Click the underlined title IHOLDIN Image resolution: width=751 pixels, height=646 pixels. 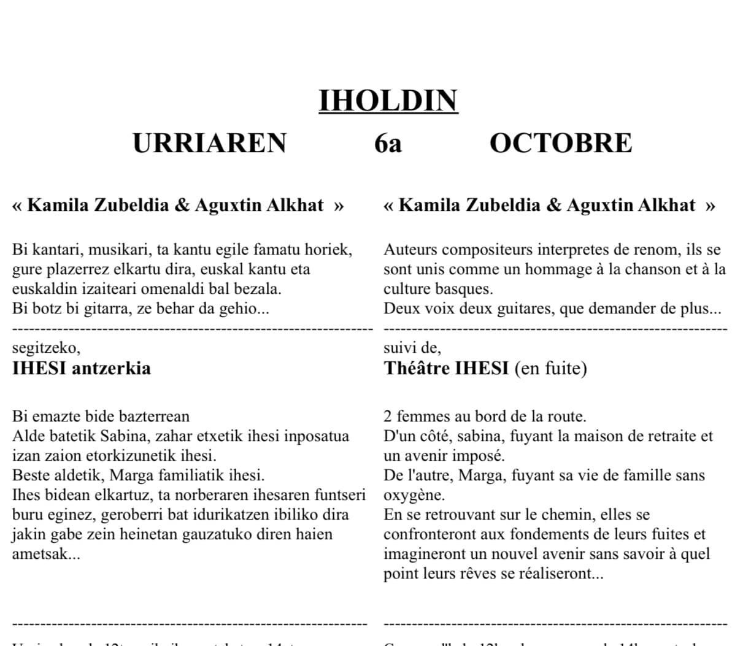pyautogui.click(x=388, y=101)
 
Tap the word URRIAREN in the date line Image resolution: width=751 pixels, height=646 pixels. pyautogui.click(x=210, y=143)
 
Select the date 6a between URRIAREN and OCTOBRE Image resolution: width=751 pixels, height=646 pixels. pyautogui.click(x=388, y=143)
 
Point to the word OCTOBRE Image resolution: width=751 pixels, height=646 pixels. pyautogui.click(x=560, y=143)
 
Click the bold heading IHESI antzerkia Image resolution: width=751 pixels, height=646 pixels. pyautogui.click(x=81, y=368)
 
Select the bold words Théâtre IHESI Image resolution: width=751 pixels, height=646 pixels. pyautogui.click(x=446, y=368)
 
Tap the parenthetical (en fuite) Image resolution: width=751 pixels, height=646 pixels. pyautogui.click(x=550, y=368)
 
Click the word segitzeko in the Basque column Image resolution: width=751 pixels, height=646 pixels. pyautogui.click(x=45, y=348)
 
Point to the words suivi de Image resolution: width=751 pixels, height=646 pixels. pyautogui.click(x=412, y=348)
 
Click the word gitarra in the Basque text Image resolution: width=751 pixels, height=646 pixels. pyautogui.click(x=97, y=308)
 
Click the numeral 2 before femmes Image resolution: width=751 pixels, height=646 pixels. pyautogui.click(x=388, y=417)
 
